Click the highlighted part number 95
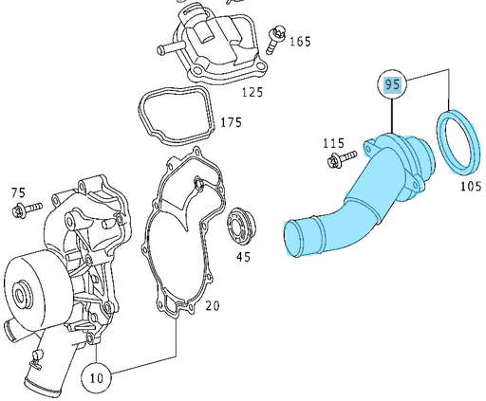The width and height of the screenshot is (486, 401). click(392, 84)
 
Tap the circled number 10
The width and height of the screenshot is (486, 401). click(97, 377)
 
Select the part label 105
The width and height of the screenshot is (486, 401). click(471, 186)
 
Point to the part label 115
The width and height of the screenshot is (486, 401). click(333, 143)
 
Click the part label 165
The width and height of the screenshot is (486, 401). click(300, 42)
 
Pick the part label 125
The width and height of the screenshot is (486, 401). click(252, 92)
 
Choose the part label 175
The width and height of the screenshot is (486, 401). click(231, 122)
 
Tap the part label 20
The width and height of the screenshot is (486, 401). click(213, 305)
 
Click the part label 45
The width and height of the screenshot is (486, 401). click(243, 257)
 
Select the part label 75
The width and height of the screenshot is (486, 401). click(18, 192)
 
